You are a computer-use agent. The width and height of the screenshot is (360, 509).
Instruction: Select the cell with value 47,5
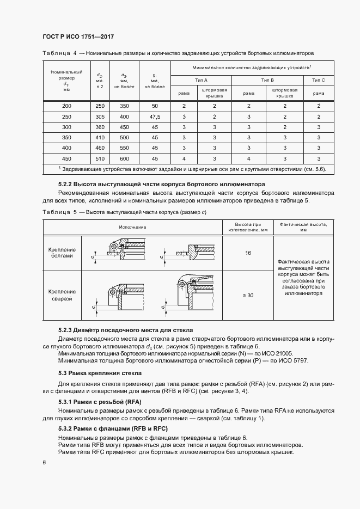[155, 117]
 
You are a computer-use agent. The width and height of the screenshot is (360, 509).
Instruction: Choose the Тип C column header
[319, 80]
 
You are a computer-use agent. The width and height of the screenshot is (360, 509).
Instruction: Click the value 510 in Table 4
[100, 158]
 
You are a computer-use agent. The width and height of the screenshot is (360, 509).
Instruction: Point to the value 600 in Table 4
[124, 158]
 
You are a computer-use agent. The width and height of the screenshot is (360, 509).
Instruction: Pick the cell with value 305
[100, 117]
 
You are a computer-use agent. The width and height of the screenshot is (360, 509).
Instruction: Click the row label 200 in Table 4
[66, 107]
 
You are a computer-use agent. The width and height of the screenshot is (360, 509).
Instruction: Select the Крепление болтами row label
[63, 253]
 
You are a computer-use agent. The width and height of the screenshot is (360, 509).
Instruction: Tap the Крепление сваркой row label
[63, 296]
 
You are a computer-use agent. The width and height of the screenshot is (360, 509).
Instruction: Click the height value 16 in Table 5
[248, 253]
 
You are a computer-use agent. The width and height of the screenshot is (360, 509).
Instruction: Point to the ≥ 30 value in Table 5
[248, 296]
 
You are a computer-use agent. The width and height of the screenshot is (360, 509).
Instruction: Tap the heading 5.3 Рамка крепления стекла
[100, 373]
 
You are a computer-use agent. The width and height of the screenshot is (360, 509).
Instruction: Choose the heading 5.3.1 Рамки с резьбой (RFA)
[100, 402]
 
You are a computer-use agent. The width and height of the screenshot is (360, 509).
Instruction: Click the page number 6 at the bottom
[44, 463]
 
